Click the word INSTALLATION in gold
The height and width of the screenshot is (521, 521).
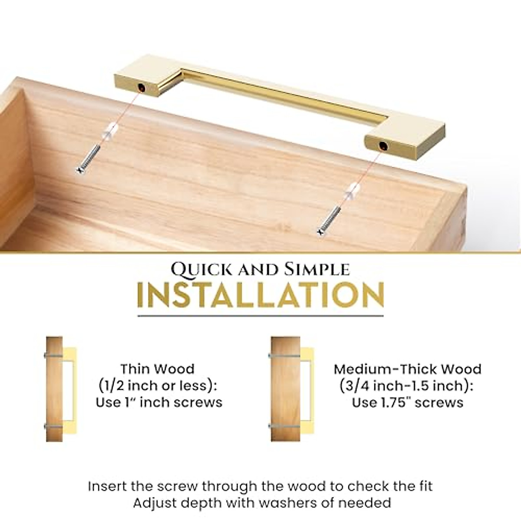pyautogui.click(x=260, y=296)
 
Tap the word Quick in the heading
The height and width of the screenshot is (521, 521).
pyautogui.click(x=194, y=269)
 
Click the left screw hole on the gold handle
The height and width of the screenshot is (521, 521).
pyautogui.click(x=142, y=89)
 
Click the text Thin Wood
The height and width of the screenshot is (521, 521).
pyautogui.click(x=158, y=369)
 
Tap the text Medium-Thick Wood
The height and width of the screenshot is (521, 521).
pyautogui.click(x=407, y=369)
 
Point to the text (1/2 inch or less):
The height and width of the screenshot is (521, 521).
pyautogui.click(x=158, y=386)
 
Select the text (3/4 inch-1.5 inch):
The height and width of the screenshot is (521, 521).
pyautogui.click(x=407, y=386)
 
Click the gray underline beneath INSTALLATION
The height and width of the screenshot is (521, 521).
pyautogui.click(x=260, y=316)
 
